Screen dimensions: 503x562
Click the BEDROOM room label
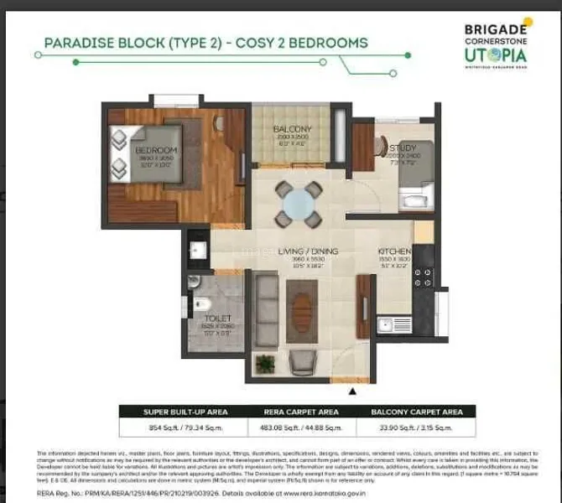coord(156,150)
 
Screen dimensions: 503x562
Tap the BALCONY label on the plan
coord(293,128)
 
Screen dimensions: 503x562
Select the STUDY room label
coord(399,149)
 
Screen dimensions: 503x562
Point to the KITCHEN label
coord(393,251)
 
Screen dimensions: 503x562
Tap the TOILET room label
coord(216,319)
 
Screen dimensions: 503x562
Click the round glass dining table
coord(299,203)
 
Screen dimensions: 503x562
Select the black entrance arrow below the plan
coord(352,390)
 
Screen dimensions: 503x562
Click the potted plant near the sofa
coord(266,363)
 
